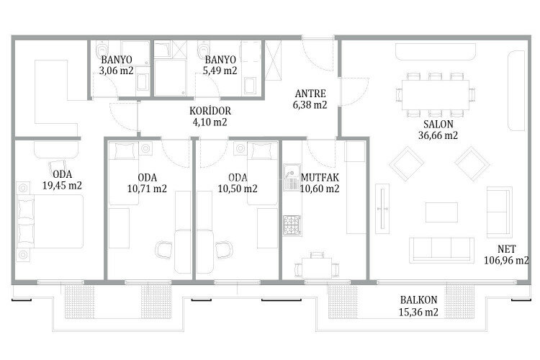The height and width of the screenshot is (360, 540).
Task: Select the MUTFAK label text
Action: [320, 177]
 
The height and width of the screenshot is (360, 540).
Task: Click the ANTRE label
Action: [310, 94]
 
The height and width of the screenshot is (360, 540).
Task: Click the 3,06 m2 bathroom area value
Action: [116, 71]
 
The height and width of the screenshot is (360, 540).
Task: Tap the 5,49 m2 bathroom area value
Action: [220, 71]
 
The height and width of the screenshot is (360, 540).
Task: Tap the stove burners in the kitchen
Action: [292, 225]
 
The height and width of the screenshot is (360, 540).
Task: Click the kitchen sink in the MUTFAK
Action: [292, 181]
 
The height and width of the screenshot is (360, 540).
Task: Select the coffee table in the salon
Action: [441, 212]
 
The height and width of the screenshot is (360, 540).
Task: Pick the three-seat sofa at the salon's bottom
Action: [440, 249]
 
